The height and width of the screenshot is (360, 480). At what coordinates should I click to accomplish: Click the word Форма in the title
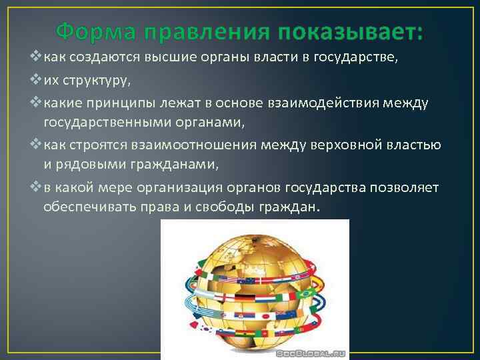(x=93, y=31)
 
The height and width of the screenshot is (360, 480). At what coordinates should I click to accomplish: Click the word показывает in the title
(x=351, y=31)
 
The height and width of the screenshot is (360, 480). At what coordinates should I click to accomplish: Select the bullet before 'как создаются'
(x=37, y=58)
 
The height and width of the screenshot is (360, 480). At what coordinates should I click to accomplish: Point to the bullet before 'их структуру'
(x=37, y=81)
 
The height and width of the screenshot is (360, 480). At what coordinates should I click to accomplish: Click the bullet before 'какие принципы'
(x=37, y=103)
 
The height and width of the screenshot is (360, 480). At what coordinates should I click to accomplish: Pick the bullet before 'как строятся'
(x=37, y=145)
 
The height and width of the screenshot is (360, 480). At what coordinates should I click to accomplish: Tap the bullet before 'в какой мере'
(x=37, y=187)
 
